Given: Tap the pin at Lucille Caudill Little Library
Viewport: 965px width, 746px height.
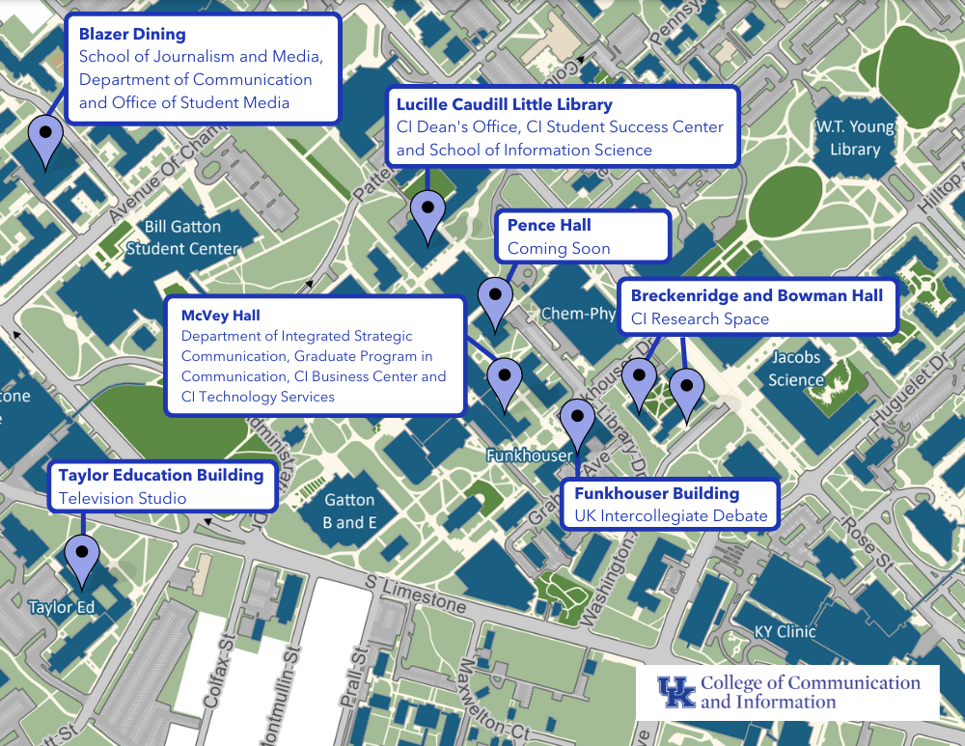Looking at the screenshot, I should [427, 211].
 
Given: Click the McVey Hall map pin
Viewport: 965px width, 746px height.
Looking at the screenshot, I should [504, 378].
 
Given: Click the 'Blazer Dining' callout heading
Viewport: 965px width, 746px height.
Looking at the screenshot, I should [132, 35].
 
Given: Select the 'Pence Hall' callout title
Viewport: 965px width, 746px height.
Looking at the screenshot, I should [549, 226].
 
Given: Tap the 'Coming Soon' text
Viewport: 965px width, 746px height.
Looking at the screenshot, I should [559, 249].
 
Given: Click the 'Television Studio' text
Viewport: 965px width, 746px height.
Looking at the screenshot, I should [123, 498].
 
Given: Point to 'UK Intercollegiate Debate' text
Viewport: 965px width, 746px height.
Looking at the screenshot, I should [671, 516].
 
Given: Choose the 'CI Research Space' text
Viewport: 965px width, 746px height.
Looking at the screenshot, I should [700, 319].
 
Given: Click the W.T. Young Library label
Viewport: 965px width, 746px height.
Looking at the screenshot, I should [855, 138].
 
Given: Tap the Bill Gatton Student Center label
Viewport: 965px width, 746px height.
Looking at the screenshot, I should [182, 237].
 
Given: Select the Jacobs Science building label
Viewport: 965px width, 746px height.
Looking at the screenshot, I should [796, 369].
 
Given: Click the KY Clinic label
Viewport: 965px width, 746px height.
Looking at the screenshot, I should [785, 632].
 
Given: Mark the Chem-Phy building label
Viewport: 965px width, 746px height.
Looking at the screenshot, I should [578, 314].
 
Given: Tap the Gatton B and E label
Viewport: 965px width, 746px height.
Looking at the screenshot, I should [349, 511].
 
